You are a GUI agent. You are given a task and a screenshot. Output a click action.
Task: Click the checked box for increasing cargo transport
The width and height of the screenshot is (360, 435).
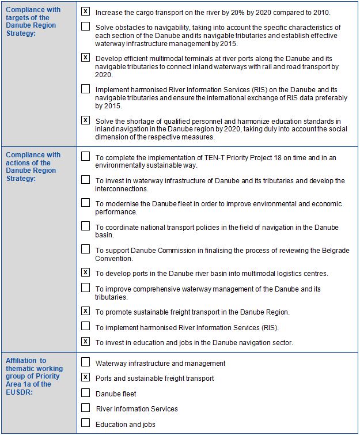(85, 12)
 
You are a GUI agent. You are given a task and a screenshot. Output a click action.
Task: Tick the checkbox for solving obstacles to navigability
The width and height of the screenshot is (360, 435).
(85, 27)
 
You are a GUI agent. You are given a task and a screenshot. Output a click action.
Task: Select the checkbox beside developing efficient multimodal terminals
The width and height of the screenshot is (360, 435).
(85, 58)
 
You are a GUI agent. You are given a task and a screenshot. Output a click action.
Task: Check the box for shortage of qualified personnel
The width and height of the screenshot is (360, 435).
(85, 120)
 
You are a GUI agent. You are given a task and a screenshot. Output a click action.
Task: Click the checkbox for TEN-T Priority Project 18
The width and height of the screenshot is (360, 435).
(85, 156)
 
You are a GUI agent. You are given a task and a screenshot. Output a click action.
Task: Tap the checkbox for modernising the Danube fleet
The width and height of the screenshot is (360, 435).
(85, 203)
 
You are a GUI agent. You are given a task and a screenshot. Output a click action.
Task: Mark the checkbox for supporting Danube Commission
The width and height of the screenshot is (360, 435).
(85, 249)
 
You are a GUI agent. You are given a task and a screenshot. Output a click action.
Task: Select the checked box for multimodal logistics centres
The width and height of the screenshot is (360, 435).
(85, 273)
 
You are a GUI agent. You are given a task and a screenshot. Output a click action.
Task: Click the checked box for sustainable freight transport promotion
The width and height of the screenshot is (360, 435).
(85, 311)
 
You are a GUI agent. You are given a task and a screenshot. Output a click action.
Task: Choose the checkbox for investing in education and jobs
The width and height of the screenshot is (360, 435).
(85, 342)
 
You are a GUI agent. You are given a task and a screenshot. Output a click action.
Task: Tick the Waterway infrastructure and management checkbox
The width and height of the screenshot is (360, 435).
(85, 362)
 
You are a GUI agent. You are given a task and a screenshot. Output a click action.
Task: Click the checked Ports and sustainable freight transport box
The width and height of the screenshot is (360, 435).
(85, 377)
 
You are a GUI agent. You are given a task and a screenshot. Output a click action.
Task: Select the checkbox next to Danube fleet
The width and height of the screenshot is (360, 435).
(85, 393)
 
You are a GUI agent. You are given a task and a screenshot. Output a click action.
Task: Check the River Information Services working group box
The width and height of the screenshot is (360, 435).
(85, 408)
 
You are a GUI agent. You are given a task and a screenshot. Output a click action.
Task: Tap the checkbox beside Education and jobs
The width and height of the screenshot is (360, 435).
(85, 423)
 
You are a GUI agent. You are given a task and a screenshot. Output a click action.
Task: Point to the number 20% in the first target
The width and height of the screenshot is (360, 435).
(236, 12)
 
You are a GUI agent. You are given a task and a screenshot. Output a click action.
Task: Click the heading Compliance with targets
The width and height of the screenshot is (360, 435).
(33, 17)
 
